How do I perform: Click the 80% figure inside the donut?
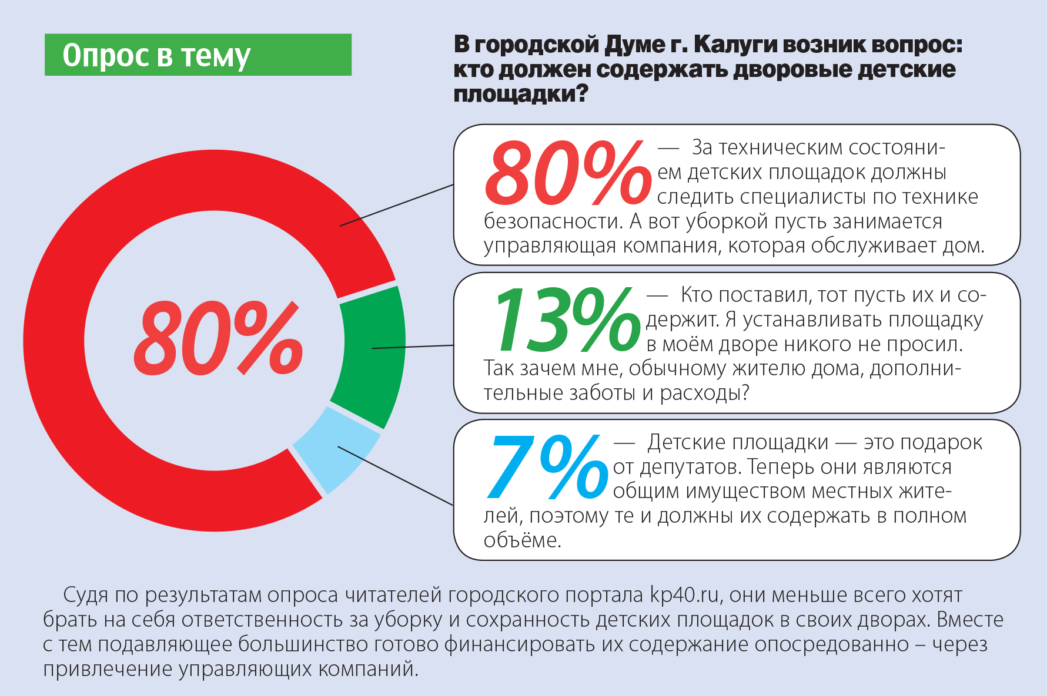pyautogui.click(x=218, y=339)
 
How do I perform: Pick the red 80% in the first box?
pyautogui.click(x=567, y=173)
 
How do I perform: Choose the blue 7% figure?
pyautogui.click(x=547, y=467)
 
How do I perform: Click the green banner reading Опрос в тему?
pyautogui.click(x=198, y=55)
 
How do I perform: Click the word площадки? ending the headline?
pyautogui.click(x=521, y=94)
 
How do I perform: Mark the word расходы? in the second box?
pyautogui.click(x=705, y=392)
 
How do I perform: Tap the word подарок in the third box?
pyautogui.click(x=923, y=442)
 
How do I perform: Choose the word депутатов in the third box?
pyautogui.click(x=691, y=467)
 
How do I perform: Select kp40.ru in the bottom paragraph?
pyautogui.click(x=685, y=595)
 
